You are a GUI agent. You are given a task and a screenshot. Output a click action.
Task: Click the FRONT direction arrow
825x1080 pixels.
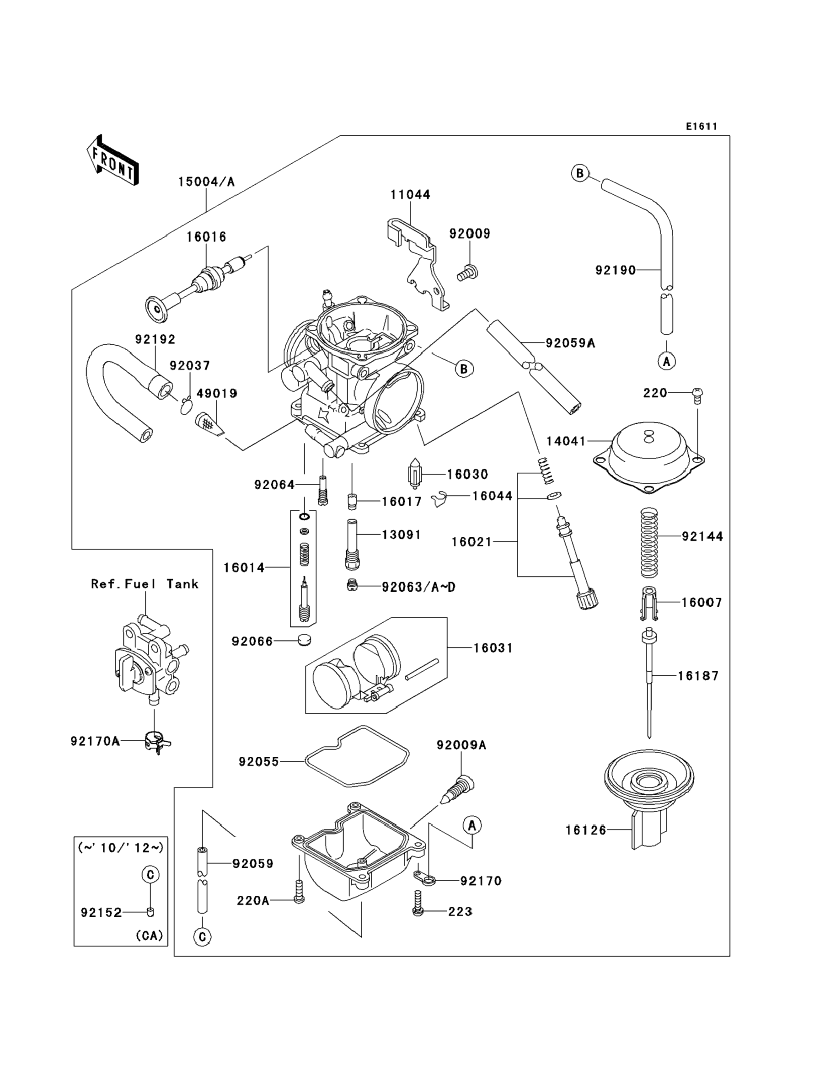click(112, 160)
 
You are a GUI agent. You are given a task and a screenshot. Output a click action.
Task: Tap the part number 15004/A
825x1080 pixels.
click(206, 182)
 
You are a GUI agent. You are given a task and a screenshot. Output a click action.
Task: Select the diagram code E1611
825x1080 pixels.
click(702, 127)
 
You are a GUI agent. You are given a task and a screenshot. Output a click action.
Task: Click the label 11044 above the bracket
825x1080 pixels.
click(410, 195)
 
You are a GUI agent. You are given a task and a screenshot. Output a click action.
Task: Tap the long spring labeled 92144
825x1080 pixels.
click(649, 542)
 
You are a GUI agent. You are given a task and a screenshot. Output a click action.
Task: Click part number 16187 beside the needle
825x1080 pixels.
click(698, 676)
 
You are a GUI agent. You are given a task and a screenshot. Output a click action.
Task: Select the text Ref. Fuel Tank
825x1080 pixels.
click(145, 584)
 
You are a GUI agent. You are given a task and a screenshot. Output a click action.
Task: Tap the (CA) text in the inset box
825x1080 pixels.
click(149, 936)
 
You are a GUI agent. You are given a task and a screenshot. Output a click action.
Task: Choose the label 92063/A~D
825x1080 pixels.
click(418, 587)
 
